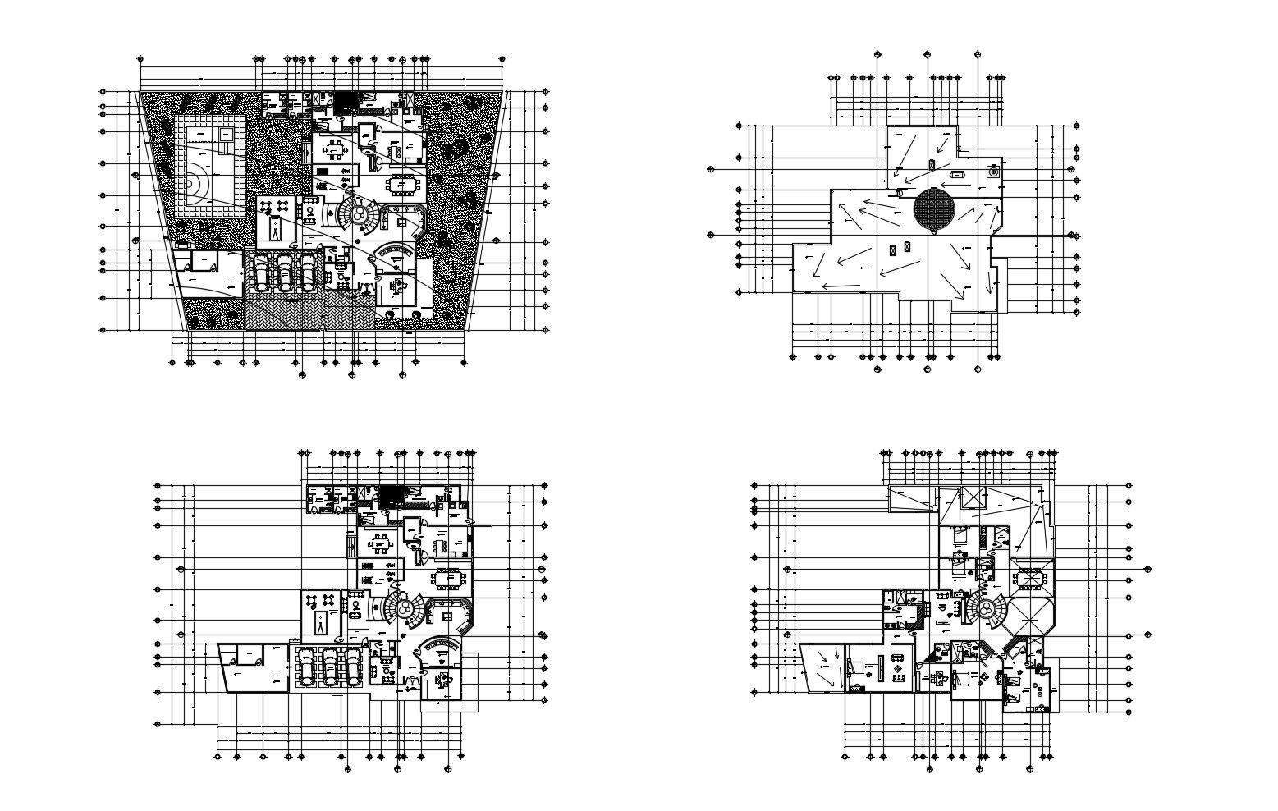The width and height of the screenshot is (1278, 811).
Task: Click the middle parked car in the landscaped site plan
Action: (x=284, y=272)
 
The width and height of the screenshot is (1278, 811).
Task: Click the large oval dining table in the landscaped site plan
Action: (x=402, y=183)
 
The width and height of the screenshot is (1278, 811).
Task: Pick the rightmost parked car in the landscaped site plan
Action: (x=307, y=272)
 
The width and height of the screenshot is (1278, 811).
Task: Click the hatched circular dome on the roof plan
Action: (x=933, y=208)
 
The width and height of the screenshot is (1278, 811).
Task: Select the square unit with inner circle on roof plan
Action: (x=994, y=172)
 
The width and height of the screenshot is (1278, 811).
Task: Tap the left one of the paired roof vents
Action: (x=893, y=247)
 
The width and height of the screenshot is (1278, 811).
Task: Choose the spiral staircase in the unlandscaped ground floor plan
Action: (x=405, y=607)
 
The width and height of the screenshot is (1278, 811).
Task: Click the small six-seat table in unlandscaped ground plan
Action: (x=380, y=543)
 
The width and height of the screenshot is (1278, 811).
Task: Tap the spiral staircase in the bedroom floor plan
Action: (x=986, y=608)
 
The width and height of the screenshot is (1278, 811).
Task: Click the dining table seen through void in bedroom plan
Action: (x=1030, y=578)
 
